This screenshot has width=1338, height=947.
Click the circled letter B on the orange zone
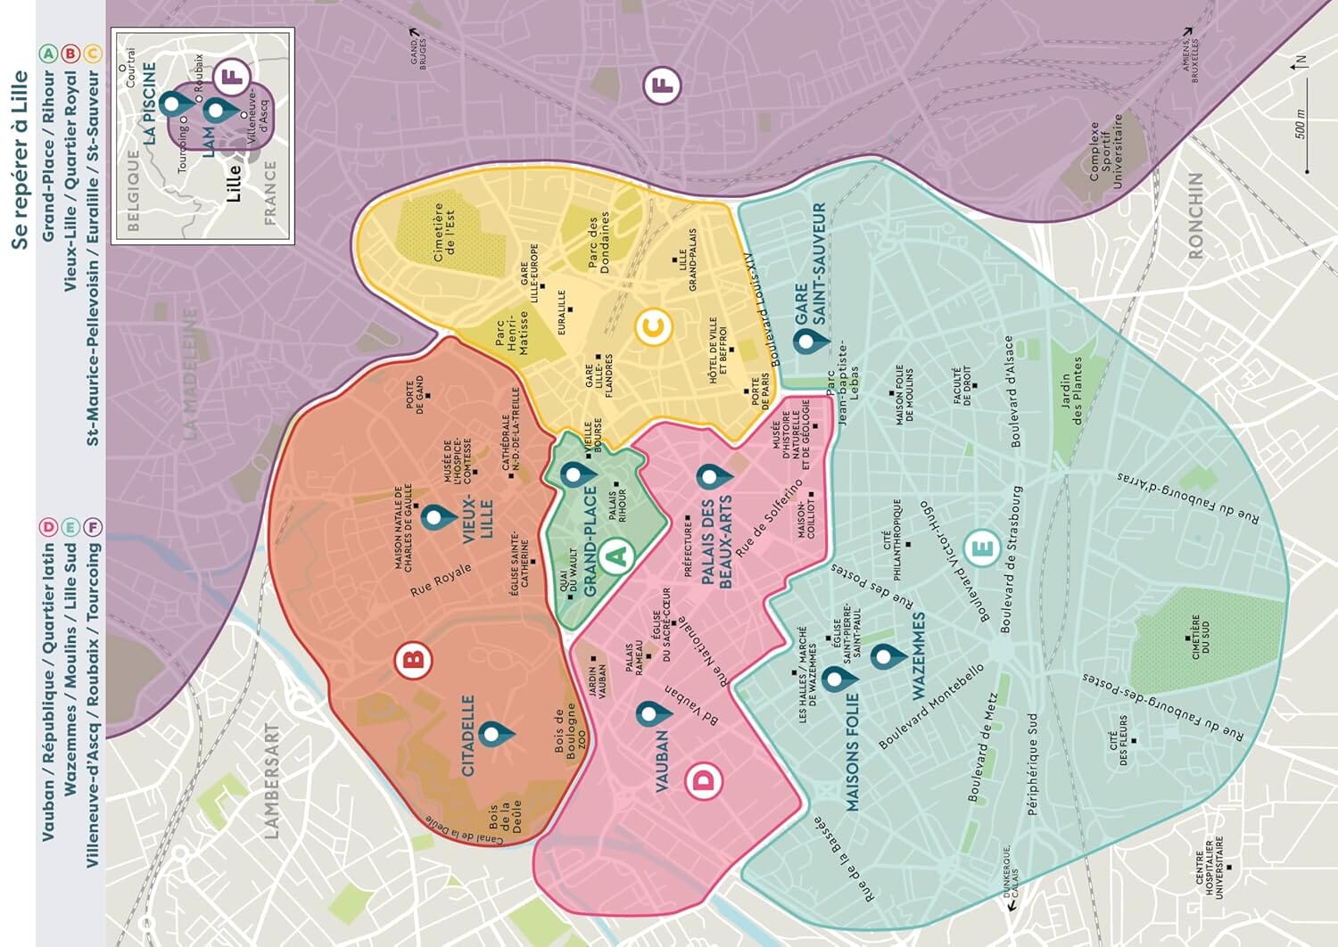point(413,660)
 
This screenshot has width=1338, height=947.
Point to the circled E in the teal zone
point(981,548)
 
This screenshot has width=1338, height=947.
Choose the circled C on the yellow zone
point(653,328)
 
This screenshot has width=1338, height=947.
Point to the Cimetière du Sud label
point(1200,638)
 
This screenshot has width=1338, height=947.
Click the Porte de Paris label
point(760,391)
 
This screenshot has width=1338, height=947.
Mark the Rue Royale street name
point(442,580)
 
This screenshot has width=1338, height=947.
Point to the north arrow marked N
point(1299,62)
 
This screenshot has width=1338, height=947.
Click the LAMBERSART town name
point(272,780)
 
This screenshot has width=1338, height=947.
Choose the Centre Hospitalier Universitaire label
point(1212,868)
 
